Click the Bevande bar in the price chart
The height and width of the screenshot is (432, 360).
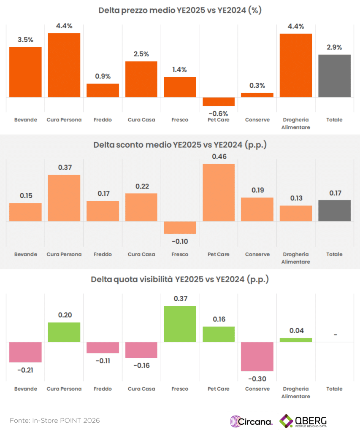tap(25, 72)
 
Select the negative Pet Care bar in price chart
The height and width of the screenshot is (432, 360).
tap(219, 102)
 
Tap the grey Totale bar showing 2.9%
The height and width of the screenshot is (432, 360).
tap(334, 76)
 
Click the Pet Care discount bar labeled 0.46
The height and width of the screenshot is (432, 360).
tap(219, 192)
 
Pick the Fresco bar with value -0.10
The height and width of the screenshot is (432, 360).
tap(180, 227)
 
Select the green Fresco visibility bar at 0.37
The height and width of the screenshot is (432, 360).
tap(180, 324)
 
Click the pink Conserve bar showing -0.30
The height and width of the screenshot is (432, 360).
tap(257, 356)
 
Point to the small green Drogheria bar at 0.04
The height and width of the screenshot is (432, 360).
tap(296, 340)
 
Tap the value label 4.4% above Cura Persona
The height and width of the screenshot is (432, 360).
tap(64, 26)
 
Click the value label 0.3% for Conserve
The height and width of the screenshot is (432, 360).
tap(257, 86)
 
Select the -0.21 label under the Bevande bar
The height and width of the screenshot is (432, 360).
tap(25, 370)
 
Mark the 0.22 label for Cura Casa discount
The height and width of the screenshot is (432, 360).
tap(141, 186)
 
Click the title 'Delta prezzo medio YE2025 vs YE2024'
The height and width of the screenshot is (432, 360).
tap(180, 11)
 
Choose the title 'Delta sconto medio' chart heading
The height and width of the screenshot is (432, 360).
tap(180, 145)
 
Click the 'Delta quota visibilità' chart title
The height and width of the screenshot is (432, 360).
tap(180, 279)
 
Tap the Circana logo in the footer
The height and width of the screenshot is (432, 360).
tap(251, 421)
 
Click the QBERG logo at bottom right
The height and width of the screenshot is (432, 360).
tap(303, 421)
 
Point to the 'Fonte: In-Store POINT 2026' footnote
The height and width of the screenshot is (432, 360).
tap(55, 421)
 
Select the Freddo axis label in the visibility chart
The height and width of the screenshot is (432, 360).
tap(103, 389)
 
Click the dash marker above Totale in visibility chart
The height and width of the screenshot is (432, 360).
tap(335, 335)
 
